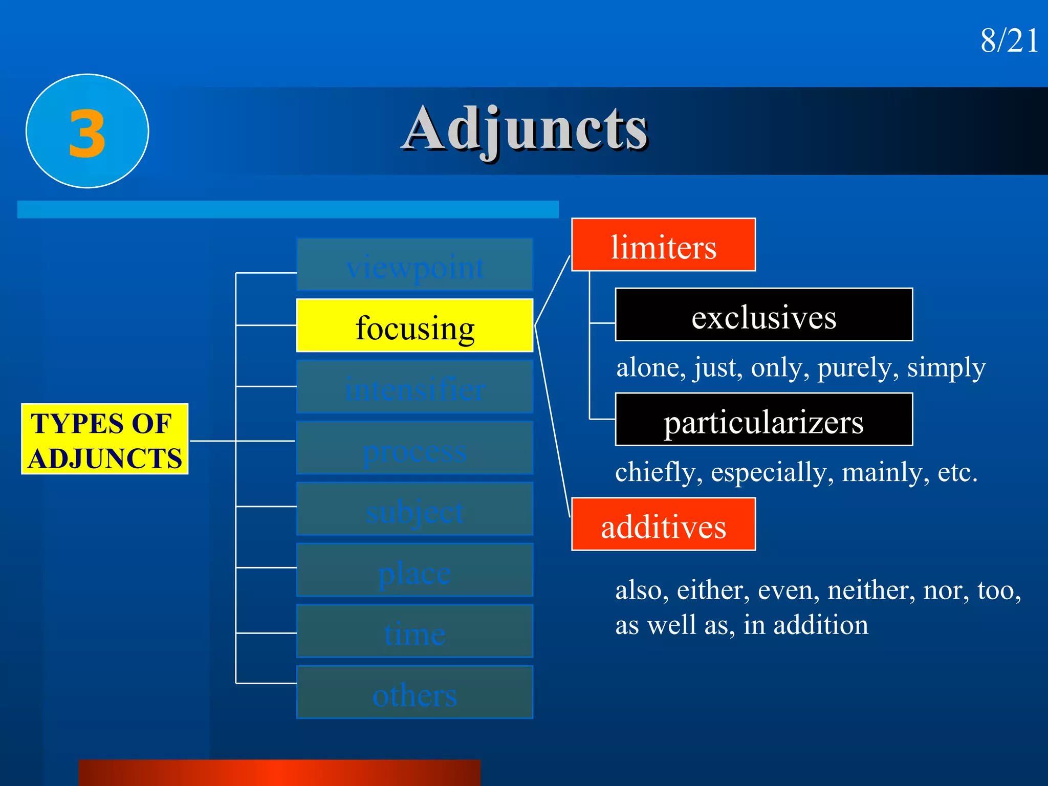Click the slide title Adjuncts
pyautogui.click(x=525, y=129)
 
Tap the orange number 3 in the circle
pyautogui.click(x=87, y=133)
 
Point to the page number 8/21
pyautogui.click(x=1009, y=40)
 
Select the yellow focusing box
pyautogui.click(x=414, y=326)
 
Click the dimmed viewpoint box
pyautogui.click(x=414, y=265)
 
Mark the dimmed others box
pyautogui.click(x=414, y=693)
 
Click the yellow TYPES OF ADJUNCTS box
pyautogui.click(x=105, y=440)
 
